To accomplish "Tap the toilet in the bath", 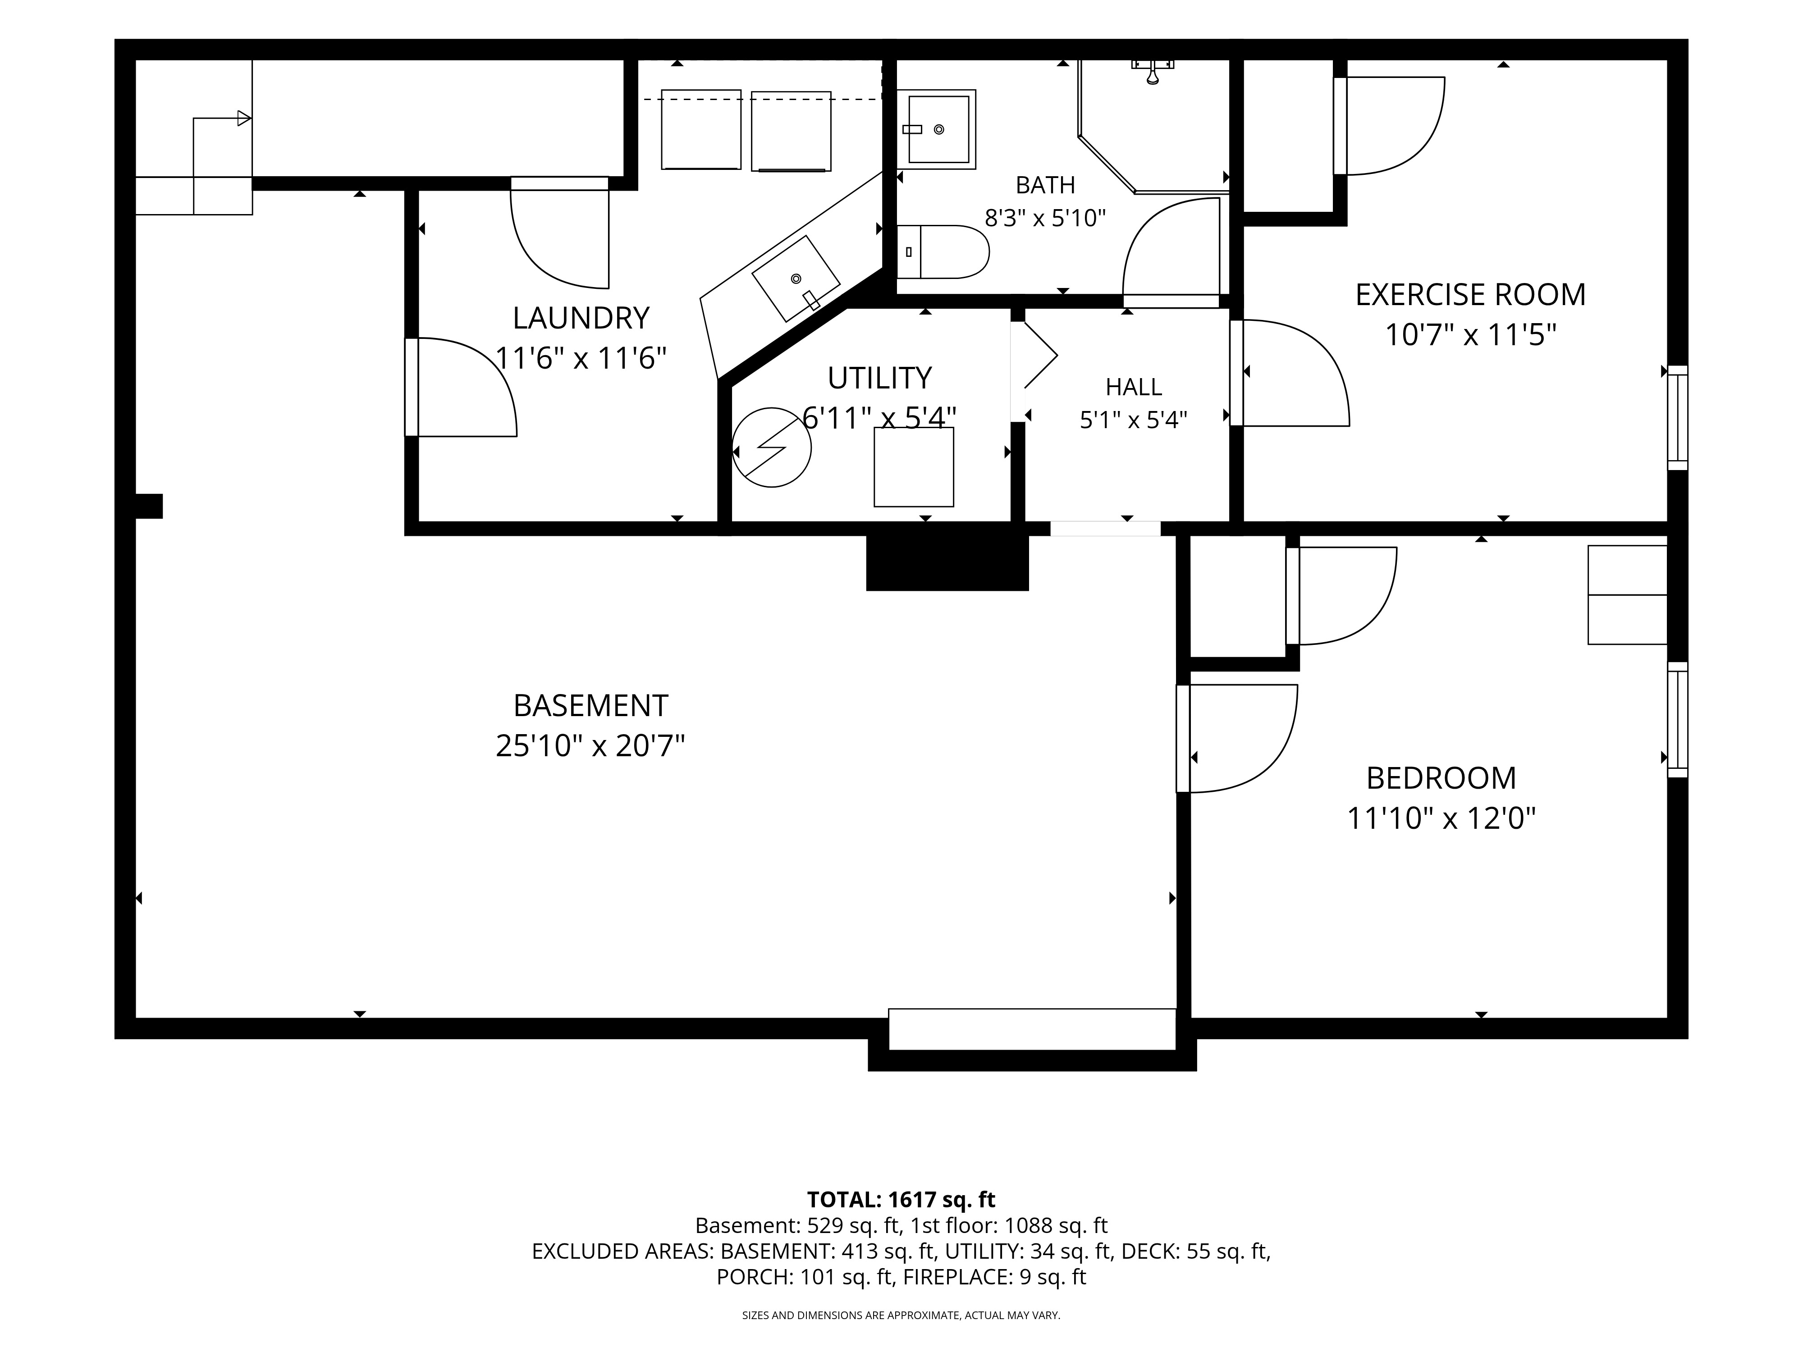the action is click(x=943, y=252).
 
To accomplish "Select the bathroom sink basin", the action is click(x=938, y=129).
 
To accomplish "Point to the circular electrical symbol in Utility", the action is click(x=771, y=448).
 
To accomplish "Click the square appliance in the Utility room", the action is click(x=914, y=467).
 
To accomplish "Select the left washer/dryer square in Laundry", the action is click(x=701, y=130).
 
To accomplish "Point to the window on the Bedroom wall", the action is click(x=1678, y=720).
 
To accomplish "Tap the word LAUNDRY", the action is click(x=581, y=318).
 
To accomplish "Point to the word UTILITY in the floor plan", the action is click(x=879, y=378).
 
